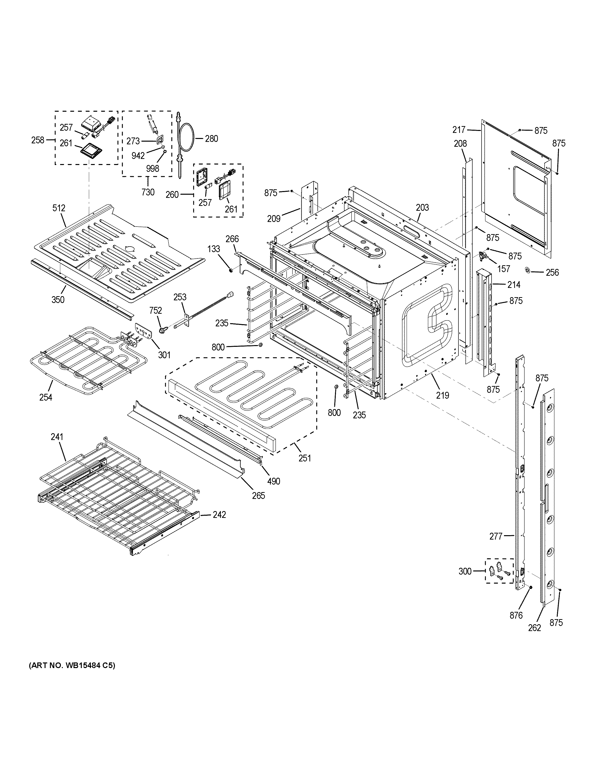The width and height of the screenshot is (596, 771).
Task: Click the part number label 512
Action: click(59, 208)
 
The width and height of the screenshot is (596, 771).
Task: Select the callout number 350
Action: click(58, 300)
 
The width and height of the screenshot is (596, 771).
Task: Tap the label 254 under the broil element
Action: click(46, 397)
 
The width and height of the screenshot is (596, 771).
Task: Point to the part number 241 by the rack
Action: click(57, 437)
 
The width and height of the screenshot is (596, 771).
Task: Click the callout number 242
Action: click(219, 515)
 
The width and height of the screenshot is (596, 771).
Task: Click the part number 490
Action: click(274, 481)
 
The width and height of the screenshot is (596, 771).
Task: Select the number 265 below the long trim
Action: click(259, 496)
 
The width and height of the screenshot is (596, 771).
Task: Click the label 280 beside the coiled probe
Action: click(212, 139)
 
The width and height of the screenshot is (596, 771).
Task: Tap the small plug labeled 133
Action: click(231, 270)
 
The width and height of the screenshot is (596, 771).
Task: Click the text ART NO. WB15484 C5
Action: click(72, 666)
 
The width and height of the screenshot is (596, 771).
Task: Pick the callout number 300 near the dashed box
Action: click(465, 571)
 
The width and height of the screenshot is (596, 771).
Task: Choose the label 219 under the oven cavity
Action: click(442, 395)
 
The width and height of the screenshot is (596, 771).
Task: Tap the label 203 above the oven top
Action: click(422, 208)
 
